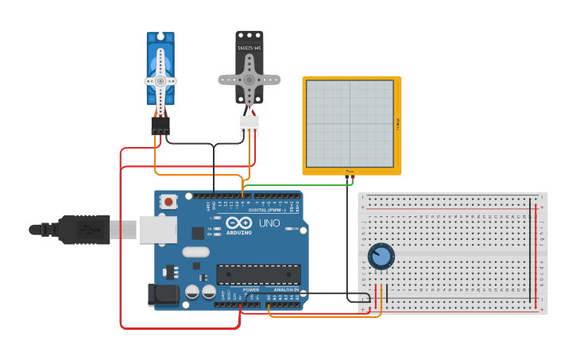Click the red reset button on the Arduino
click(168, 202)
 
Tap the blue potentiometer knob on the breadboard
click(381, 256)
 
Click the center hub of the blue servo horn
click(160, 81)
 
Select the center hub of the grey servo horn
click(249, 80)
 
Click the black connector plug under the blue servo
click(160, 126)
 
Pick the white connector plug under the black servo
click(249, 126)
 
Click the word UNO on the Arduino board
click(269, 223)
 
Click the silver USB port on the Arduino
click(157, 229)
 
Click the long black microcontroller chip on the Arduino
click(258, 274)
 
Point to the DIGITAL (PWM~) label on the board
click(268, 210)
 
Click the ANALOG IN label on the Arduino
click(286, 290)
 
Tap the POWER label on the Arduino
click(250, 290)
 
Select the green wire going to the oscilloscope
click(294, 185)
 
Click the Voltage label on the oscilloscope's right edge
click(398, 123)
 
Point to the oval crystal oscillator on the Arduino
click(195, 252)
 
